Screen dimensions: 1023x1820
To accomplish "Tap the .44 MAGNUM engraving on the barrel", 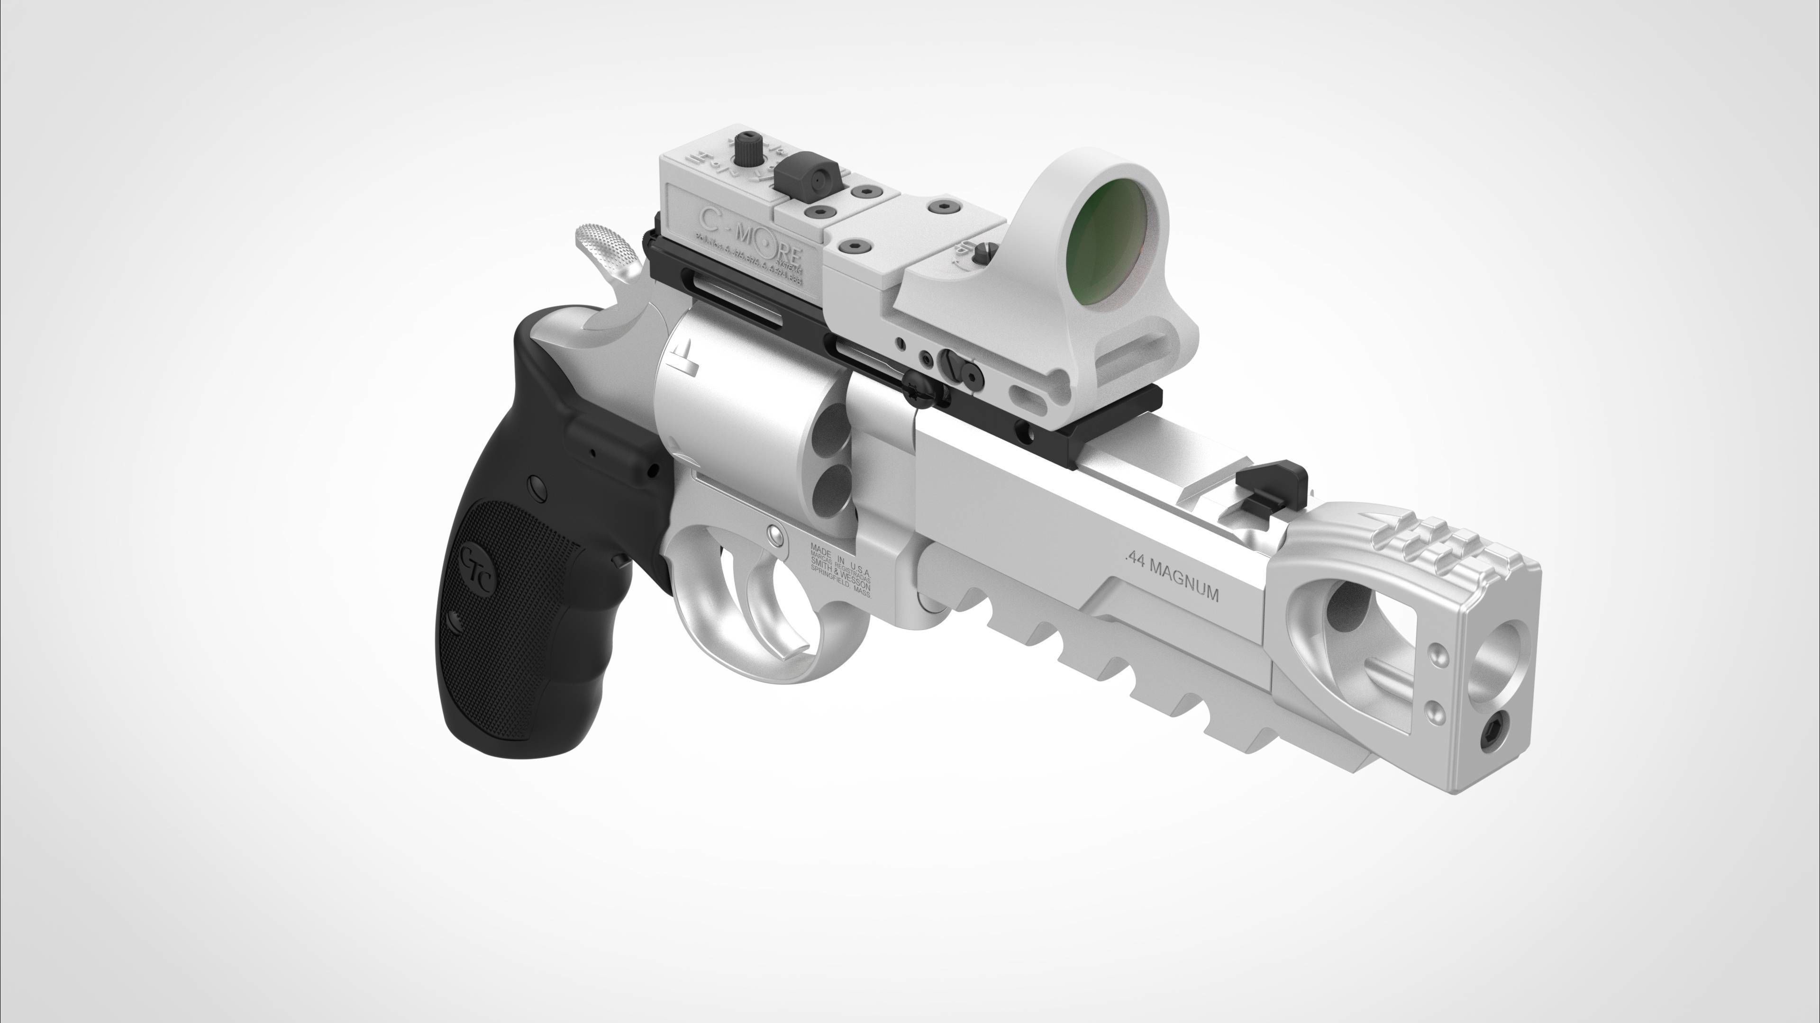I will (x=1172, y=579).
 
